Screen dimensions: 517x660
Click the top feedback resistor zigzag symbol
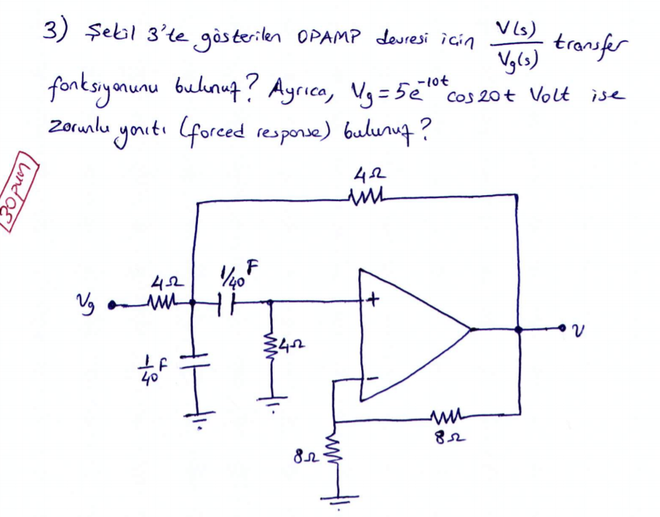pyautogui.click(x=364, y=197)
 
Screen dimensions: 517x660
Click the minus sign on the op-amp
pyautogui.click(x=373, y=379)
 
